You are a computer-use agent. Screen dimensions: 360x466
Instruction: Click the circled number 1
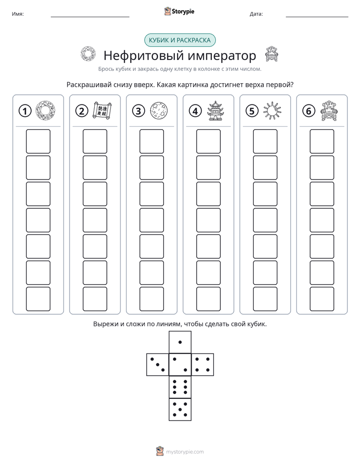(x=25, y=111)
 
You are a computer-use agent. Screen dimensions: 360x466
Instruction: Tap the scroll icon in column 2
(x=102, y=110)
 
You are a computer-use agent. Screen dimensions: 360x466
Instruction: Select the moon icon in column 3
(x=159, y=111)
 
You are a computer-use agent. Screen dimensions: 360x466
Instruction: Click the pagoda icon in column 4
(x=216, y=110)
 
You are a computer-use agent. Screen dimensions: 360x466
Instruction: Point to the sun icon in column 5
(x=272, y=111)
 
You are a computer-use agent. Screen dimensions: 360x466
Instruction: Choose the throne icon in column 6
(x=329, y=111)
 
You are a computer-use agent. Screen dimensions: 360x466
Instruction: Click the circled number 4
(x=195, y=111)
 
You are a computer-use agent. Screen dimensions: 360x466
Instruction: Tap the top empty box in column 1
(x=38, y=141)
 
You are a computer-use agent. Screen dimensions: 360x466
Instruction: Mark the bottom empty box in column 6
(x=322, y=299)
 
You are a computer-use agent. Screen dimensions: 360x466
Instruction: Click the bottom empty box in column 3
(x=152, y=299)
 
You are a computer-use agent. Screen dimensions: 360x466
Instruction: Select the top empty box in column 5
(x=265, y=141)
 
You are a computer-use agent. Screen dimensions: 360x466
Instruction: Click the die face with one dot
(x=180, y=342)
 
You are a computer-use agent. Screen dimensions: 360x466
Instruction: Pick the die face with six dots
(x=180, y=387)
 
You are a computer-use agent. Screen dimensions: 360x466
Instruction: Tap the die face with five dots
(x=180, y=410)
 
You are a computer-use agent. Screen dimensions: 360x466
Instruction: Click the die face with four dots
(x=203, y=365)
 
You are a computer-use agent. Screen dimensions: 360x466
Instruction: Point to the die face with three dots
(x=158, y=365)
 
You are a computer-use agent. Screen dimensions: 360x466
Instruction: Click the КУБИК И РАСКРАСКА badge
(x=179, y=40)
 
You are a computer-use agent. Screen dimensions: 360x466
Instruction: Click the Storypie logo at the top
(x=179, y=11)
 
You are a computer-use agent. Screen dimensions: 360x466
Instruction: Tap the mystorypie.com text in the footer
(x=185, y=452)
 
